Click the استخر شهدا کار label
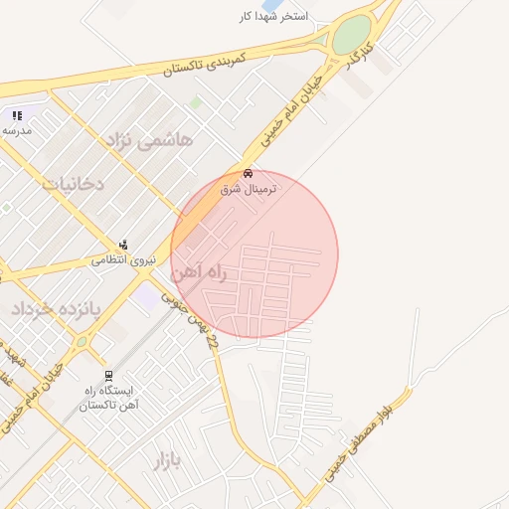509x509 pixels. tap(273, 17)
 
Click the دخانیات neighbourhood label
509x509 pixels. tap(72, 183)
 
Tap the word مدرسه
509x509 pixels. tap(17, 130)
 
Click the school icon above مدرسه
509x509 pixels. tap(16, 116)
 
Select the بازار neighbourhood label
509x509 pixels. tap(170, 459)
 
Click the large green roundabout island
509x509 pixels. tap(350, 37)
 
